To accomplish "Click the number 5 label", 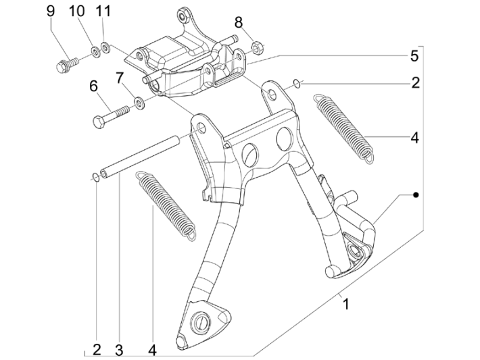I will tap(414, 55).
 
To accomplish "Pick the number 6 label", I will tap(93, 86).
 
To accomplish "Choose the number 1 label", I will tap(346, 305).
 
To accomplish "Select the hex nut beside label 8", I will tap(257, 48).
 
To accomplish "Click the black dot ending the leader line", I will tap(416, 195).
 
